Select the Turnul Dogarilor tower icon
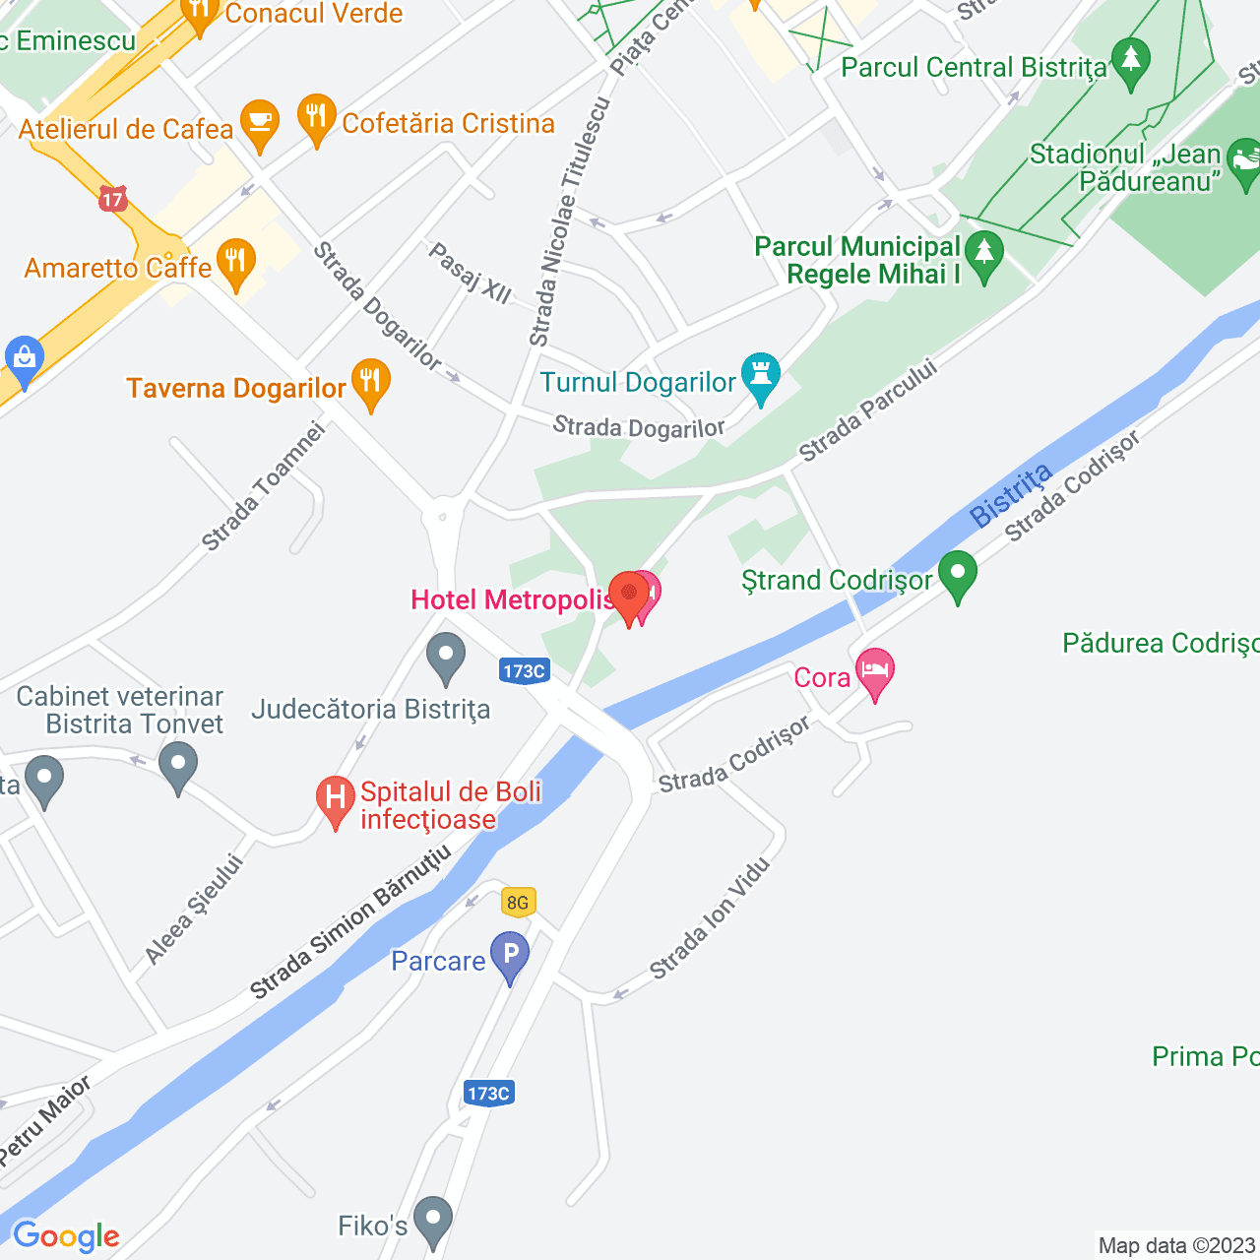click(x=760, y=377)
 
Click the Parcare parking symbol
click(x=510, y=956)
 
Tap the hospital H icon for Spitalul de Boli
click(x=336, y=799)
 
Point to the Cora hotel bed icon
click(x=874, y=672)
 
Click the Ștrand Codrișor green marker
click(x=957, y=575)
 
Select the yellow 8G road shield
click(x=517, y=903)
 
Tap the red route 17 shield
click(x=113, y=200)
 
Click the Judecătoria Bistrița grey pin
click(x=446, y=657)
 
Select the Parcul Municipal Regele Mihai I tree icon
click(x=983, y=255)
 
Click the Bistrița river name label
click(x=1010, y=495)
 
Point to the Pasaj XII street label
click(x=470, y=273)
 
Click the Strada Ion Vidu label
click(x=709, y=918)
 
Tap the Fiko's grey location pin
click(x=432, y=1221)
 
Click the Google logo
click(x=66, y=1236)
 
